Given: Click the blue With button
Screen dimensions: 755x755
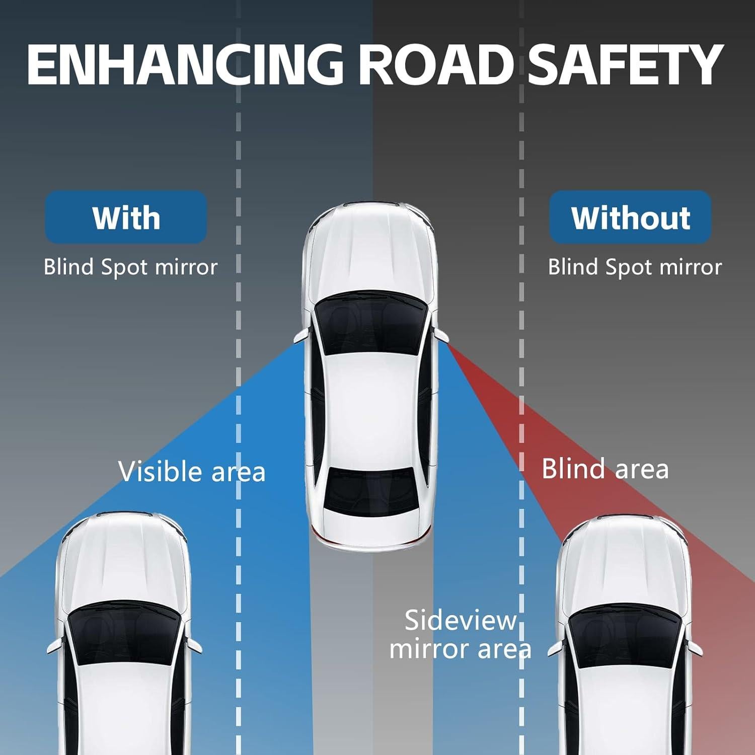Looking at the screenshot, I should (x=126, y=217).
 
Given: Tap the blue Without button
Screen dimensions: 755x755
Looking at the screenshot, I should (x=630, y=217).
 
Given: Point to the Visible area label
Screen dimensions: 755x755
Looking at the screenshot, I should (x=192, y=472).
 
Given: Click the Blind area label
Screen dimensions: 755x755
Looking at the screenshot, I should (x=605, y=469).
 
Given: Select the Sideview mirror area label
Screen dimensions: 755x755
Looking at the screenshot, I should (x=460, y=634).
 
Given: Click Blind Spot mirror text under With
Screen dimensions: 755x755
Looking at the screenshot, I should (x=130, y=267).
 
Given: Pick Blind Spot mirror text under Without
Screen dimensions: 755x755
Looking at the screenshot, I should (x=635, y=267).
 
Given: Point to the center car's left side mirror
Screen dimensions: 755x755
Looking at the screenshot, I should (x=301, y=337).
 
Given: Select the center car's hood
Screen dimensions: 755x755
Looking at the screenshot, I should (x=370, y=252).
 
